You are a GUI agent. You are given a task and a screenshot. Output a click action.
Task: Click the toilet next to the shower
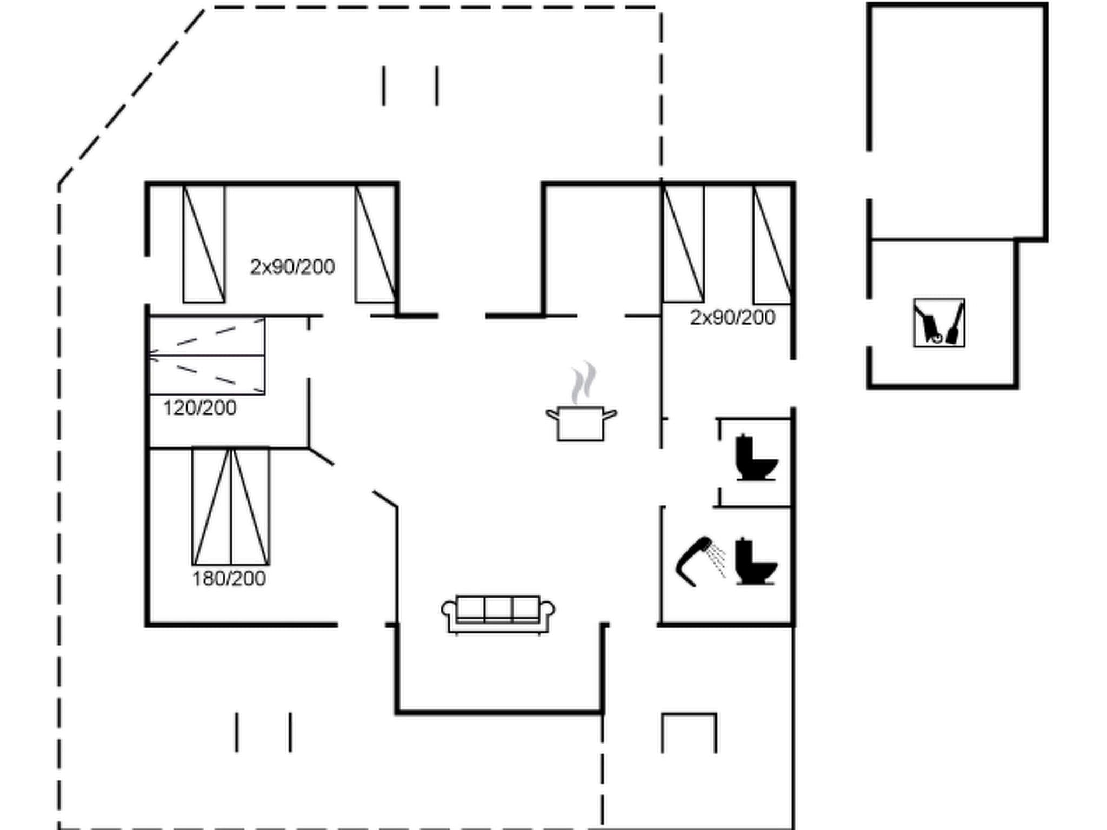pyautogui.click(x=756, y=562)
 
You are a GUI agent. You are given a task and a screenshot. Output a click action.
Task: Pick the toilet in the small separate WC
pyautogui.click(x=756, y=458)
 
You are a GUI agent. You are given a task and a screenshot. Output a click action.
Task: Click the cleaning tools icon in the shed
pyautogui.click(x=939, y=323)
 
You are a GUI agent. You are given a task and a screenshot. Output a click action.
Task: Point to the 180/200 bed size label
pyautogui.click(x=229, y=579)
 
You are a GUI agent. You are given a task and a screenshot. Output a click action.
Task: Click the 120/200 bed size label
pyautogui.click(x=199, y=408)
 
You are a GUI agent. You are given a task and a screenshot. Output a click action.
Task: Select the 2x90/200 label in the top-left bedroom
pyautogui.click(x=292, y=267)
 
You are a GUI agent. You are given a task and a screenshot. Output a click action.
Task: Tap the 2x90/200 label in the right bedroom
pyautogui.click(x=732, y=318)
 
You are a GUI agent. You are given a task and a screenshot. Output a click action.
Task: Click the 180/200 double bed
pyautogui.click(x=231, y=506)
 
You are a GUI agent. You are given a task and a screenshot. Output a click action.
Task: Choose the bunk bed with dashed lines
pyautogui.click(x=206, y=356)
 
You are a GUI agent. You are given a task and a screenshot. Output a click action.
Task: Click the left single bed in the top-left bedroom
pyautogui.click(x=204, y=244)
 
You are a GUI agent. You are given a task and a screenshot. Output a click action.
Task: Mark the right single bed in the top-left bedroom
pyautogui.click(x=375, y=244)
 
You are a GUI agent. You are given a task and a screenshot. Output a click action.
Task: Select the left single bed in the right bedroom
pyautogui.click(x=683, y=244)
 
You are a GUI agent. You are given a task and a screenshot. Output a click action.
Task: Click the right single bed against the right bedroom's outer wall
pyautogui.click(x=773, y=244)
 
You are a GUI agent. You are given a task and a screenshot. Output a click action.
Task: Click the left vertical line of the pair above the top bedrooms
pyautogui.click(x=384, y=86)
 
